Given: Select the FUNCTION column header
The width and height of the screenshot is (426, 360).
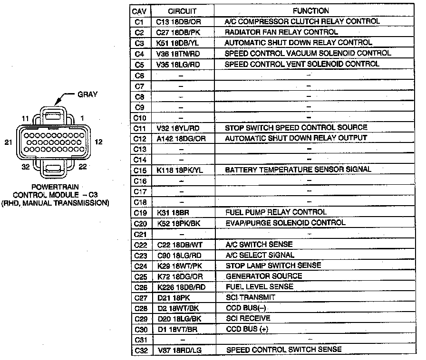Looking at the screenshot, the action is tap(310, 10).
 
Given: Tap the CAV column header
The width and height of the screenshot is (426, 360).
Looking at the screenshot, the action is tap(139, 10).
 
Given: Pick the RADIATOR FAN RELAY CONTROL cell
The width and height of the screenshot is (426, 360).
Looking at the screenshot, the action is tap(281, 32).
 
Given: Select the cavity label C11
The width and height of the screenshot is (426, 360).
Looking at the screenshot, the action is tap(139, 127).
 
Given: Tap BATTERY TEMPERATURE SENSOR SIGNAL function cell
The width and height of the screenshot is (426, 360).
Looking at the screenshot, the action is tap(298, 170).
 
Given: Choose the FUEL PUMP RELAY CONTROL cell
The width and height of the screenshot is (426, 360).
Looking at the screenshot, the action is tap(276, 212).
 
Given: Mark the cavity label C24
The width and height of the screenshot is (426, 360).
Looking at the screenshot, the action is tap(139, 265).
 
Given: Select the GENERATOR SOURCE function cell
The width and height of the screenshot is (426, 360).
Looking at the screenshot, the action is tap(263, 276).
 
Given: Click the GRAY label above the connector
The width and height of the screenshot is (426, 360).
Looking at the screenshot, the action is tap(87, 95).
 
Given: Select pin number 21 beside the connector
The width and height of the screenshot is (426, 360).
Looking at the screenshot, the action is tap(6, 142).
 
